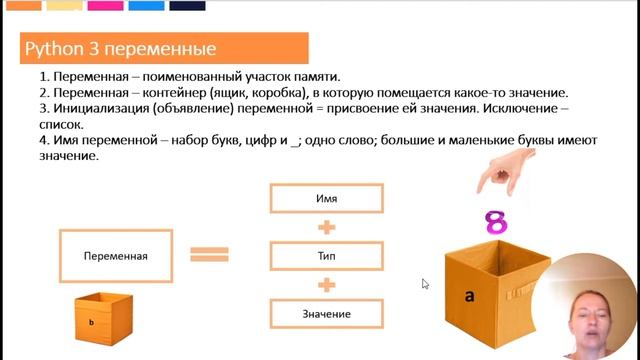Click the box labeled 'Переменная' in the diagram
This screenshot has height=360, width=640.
pyautogui.click(x=116, y=256)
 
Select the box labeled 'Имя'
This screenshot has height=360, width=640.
pyautogui.click(x=325, y=198)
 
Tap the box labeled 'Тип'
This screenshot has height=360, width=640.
pyautogui.click(x=325, y=256)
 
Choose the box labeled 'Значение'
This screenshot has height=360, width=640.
pyautogui.click(x=325, y=314)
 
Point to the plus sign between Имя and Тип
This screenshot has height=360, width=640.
pyautogui.click(x=325, y=227)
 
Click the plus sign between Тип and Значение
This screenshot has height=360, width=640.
pyautogui.click(x=325, y=285)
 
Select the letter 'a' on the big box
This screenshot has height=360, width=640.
pyautogui.click(x=469, y=295)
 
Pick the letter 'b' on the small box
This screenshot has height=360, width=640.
pyautogui.click(x=92, y=323)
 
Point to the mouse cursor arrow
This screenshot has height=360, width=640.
pyautogui.click(x=425, y=284)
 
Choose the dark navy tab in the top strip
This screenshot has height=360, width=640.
pyautogui.click(x=187, y=5)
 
